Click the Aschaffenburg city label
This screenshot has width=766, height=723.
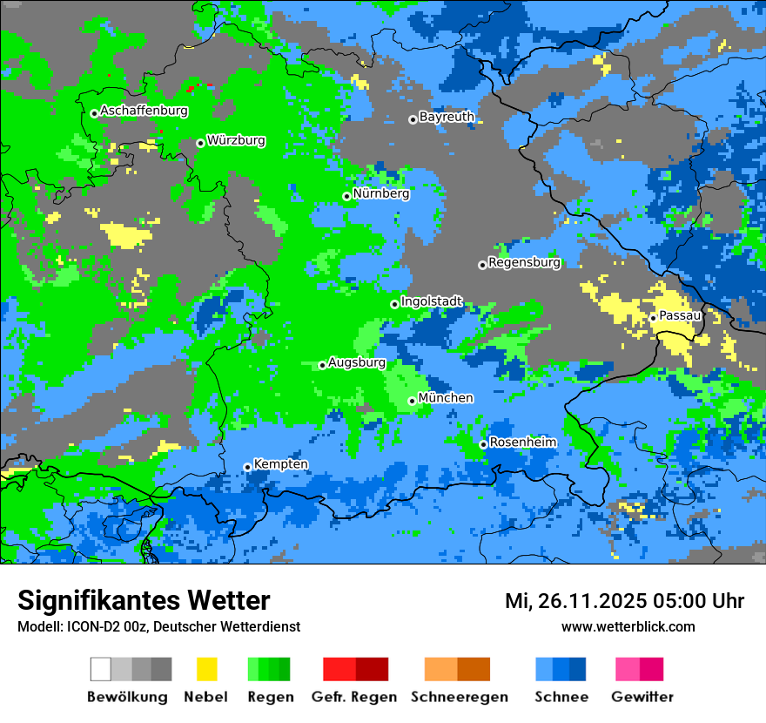point(144,111)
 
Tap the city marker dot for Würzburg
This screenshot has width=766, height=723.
point(200,143)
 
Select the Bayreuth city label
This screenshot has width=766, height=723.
point(447,117)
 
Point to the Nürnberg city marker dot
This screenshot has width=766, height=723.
point(346,196)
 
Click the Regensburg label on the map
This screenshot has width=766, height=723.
point(524,262)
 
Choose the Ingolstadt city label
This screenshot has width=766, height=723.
point(432,301)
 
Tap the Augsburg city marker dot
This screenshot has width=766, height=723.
point(322,365)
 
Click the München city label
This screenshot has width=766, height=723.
point(446,398)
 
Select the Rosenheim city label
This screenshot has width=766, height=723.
point(522,443)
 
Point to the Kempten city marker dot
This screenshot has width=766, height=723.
point(247,467)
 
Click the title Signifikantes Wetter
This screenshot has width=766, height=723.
point(144,601)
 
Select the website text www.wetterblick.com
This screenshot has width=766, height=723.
point(628,626)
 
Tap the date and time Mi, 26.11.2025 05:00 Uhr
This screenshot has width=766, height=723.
point(624,601)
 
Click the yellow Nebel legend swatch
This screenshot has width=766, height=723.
point(206,669)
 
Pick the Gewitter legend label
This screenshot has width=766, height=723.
point(642,697)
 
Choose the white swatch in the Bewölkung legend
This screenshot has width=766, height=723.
point(101,669)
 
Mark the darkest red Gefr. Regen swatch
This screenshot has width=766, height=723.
point(373,669)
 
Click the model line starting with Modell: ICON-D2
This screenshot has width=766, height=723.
point(158,626)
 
